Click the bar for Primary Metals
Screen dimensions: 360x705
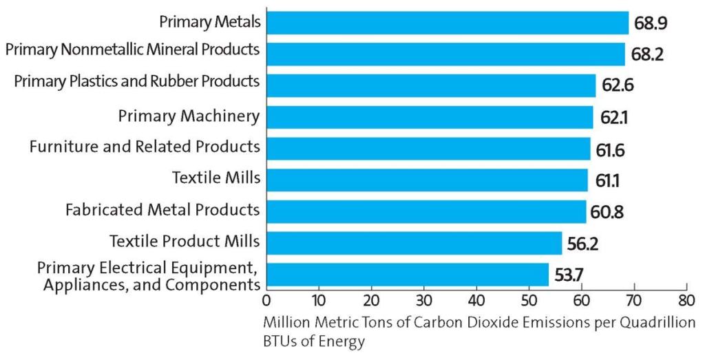pos(448,23)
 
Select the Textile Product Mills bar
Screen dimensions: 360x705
pos(414,242)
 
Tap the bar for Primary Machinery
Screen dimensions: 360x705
pos(430,117)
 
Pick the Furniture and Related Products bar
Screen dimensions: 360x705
pos(428,149)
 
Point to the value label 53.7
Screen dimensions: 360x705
pos(569,275)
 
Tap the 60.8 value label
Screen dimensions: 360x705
pos(607,213)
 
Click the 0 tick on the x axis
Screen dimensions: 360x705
pos(266,300)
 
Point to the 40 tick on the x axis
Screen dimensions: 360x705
pos(476,300)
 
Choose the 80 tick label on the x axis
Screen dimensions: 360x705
pos(686,300)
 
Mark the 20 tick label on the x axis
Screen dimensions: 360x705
pos(371,300)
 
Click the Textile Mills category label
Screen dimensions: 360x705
pos(215,178)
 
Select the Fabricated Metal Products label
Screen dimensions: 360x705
pos(162,209)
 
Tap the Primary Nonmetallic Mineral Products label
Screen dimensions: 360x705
pos(132,50)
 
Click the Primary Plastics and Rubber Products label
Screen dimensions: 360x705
pos(137,81)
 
